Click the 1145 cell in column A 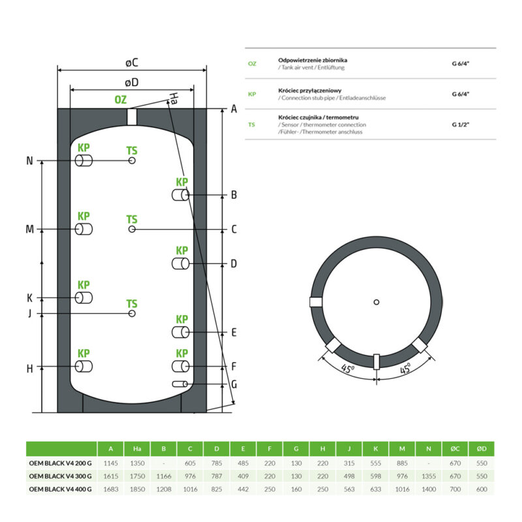[110, 463]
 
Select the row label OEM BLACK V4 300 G [61, 476]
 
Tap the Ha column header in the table [137, 449]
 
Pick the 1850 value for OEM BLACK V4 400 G [137, 489]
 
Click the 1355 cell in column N [429, 476]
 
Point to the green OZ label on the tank [121, 100]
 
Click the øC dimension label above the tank [132, 63]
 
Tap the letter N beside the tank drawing [29, 161]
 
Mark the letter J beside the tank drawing [29, 313]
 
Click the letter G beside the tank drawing [234, 384]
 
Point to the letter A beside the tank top [234, 109]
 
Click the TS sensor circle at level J [132, 314]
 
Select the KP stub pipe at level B [181, 195]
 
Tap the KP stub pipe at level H [83, 367]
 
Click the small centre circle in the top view [376, 301]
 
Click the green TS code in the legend [252, 124]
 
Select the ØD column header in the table [482, 449]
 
